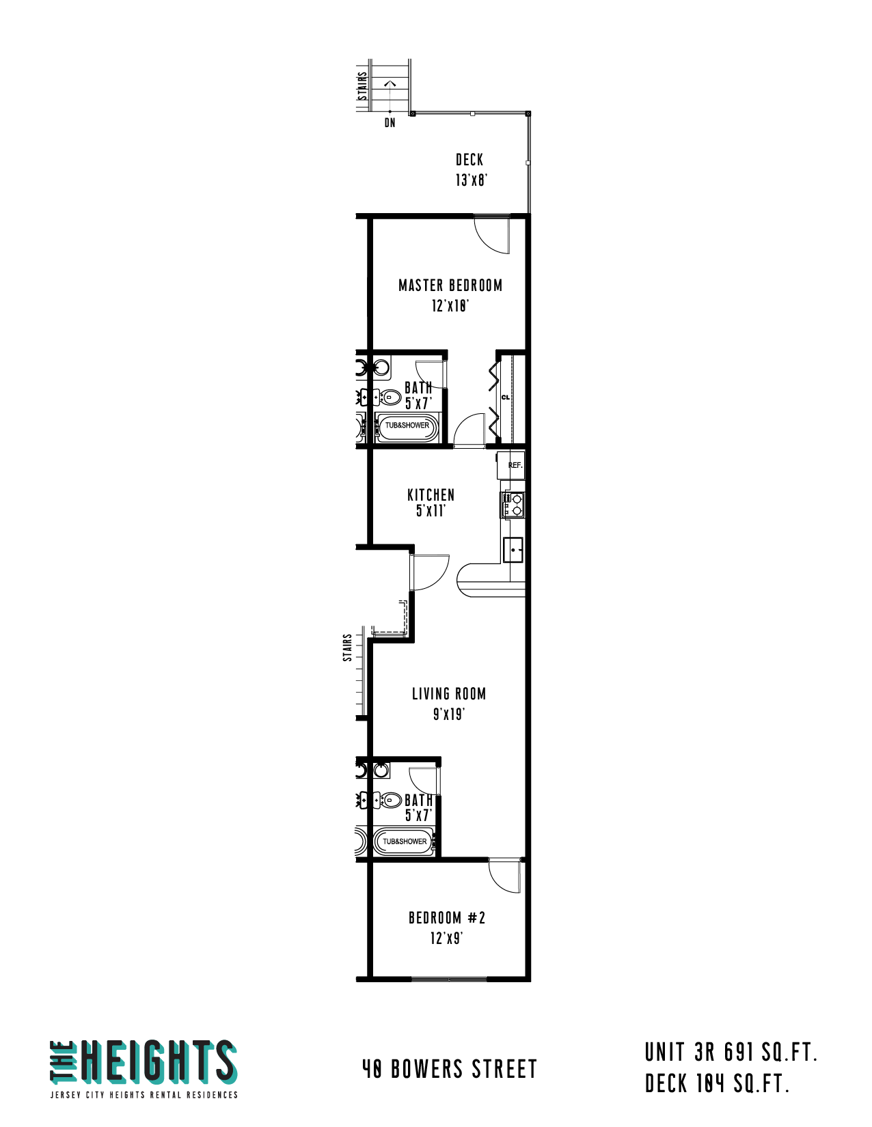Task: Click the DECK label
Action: coord(469,159)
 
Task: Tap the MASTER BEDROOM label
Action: coord(450,286)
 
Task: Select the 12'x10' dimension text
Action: coord(450,305)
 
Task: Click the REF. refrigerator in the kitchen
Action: coord(510,464)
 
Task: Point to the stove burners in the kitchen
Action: coord(512,504)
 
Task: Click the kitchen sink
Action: coord(513,549)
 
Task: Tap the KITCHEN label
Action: coord(431,495)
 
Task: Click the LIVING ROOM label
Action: coord(449,693)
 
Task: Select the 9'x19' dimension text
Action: coord(449,714)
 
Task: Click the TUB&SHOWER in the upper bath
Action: coord(407,426)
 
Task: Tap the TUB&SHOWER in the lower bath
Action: coord(404,841)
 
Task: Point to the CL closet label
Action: coord(505,398)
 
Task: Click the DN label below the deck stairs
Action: coord(390,122)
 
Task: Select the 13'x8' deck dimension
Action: coord(471,180)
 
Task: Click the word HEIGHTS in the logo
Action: coord(159,1061)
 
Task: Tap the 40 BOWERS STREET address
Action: coord(449,1068)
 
